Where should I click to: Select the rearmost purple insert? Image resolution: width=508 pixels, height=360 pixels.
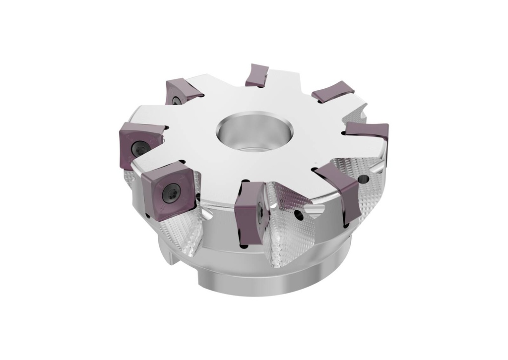click(x=257, y=74)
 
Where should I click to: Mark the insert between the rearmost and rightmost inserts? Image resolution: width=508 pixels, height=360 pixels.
click(x=332, y=91)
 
